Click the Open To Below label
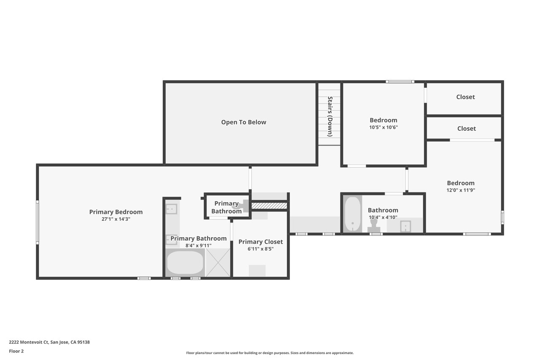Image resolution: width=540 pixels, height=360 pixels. tap(243, 122)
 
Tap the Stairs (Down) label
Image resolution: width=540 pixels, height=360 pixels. tap(330, 116)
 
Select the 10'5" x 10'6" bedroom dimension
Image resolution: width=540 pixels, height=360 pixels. tap(383, 127)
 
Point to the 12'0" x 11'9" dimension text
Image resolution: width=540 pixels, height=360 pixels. tap(460, 190)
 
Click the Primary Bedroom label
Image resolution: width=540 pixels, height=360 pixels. tap(116, 212)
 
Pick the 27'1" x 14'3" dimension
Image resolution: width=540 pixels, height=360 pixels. tap(116, 219)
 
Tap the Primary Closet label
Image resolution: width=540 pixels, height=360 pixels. tap(261, 241)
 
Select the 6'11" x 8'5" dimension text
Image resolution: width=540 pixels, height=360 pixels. tap(261, 249)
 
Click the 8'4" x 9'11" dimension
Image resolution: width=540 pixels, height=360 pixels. tap(198, 246)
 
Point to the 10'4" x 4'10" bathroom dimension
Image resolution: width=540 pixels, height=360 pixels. tap(383, 217)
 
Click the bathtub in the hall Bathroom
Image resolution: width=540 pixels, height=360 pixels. tap(352, 214)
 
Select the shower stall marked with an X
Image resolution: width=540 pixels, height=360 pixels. tap(218, 263)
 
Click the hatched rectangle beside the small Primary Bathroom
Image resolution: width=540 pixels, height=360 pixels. tap(269, 206)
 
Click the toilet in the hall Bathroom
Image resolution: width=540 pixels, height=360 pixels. tap(374, 226)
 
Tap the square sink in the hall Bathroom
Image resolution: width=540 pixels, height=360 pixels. tap(405, 226)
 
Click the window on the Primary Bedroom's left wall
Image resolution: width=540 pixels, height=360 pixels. tap(38, 222)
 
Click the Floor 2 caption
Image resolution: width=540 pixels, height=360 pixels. tap(16, 351)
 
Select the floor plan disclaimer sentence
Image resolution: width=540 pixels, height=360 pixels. tap(270, 353)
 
